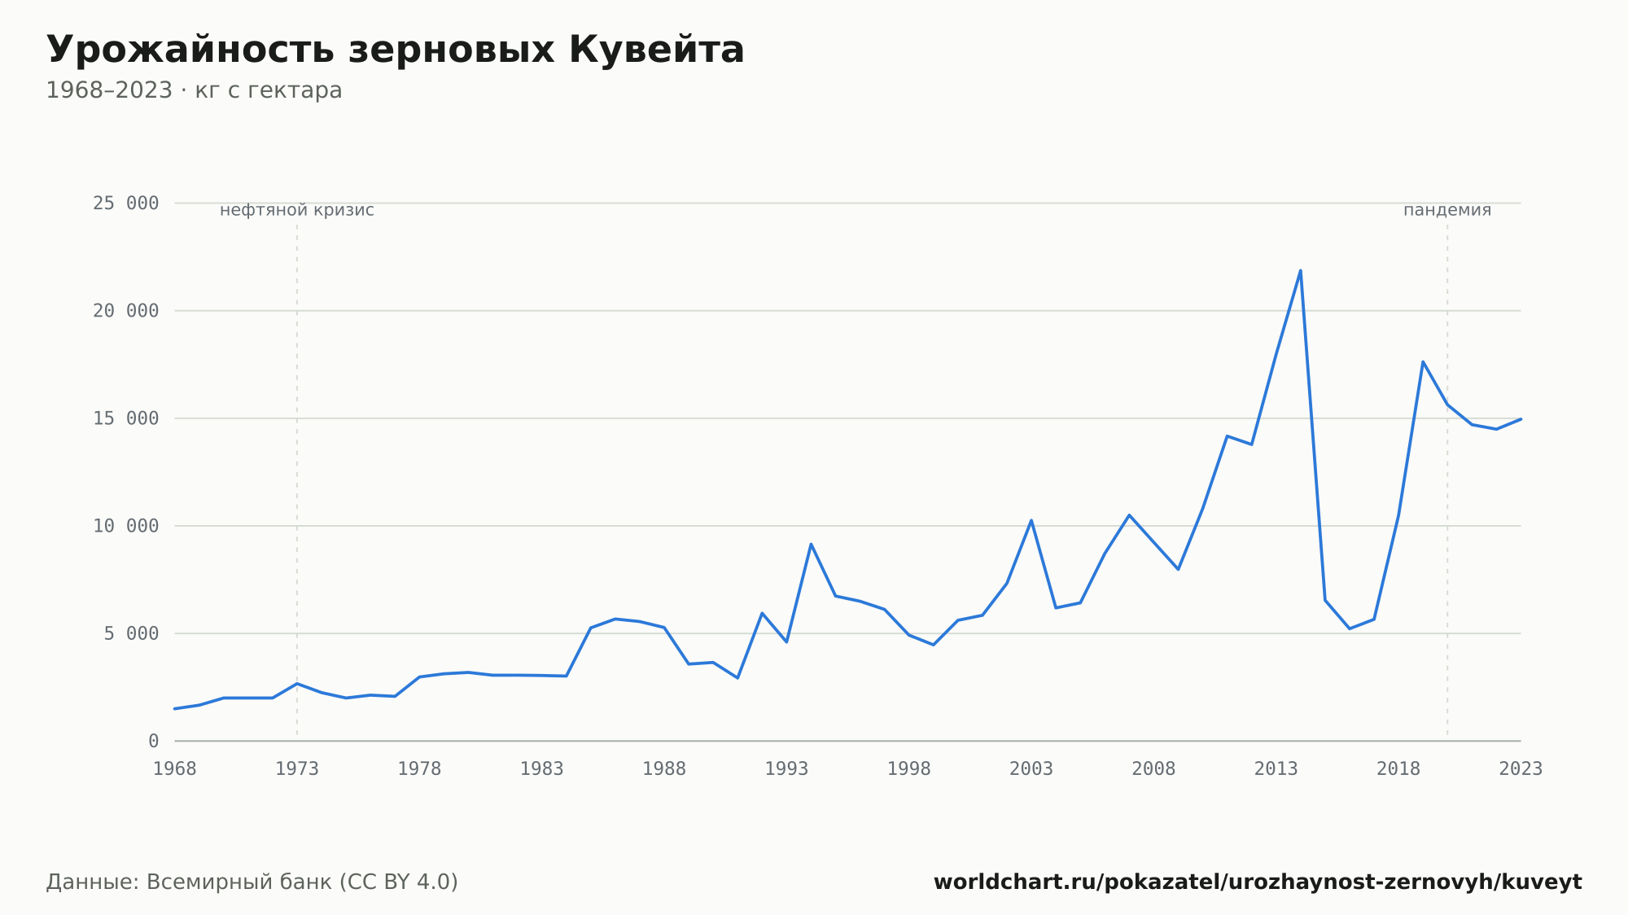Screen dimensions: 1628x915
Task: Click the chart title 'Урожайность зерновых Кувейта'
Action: pyautogui.click(x=396, y=50)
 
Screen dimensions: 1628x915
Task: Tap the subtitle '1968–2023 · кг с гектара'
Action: pyautogui.click(x=194, y=90)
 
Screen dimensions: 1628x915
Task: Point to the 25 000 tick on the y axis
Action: pyautogui.click(x=125, y=204)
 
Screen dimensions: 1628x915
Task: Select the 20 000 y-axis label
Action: pyautogui.click(x=125, y=311)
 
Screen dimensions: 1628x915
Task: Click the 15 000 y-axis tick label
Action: pyautogui.click(x=125, y=418)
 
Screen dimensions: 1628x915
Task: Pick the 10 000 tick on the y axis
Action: pyautogui.click(x=125, y=526)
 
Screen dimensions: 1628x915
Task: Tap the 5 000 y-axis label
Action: pyautogui.click(x=131, y=633)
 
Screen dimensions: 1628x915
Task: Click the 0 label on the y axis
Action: pyautogui.click(x=154, y=741)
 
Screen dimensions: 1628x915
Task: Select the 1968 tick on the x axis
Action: pyautogui.click(x=175, y=769)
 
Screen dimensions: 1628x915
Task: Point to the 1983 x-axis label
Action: pyautogui.click(x=542, y=769)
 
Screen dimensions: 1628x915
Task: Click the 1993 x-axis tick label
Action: pyautogui.click(x=786, y=769)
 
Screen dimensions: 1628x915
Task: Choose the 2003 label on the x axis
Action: pyautogui.click(x=1031, y=769)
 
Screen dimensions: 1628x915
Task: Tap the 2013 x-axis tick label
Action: pyautogui.click(x=1276, y=769)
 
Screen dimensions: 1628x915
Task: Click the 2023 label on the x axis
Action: pyautogui.click(x=1521, y=769)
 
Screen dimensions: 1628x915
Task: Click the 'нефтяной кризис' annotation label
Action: pyautogui.click(x=297, y=211)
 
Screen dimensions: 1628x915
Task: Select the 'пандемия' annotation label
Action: pyautogui.click(x=1447, y=211)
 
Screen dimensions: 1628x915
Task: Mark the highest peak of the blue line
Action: pyautogui.click(x=1300, y=270)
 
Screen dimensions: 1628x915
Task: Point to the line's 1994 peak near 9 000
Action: pyautogui.click(x=811, y=544)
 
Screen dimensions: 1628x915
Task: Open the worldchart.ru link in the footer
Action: pyautogui.click(x=1258, y=882)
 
